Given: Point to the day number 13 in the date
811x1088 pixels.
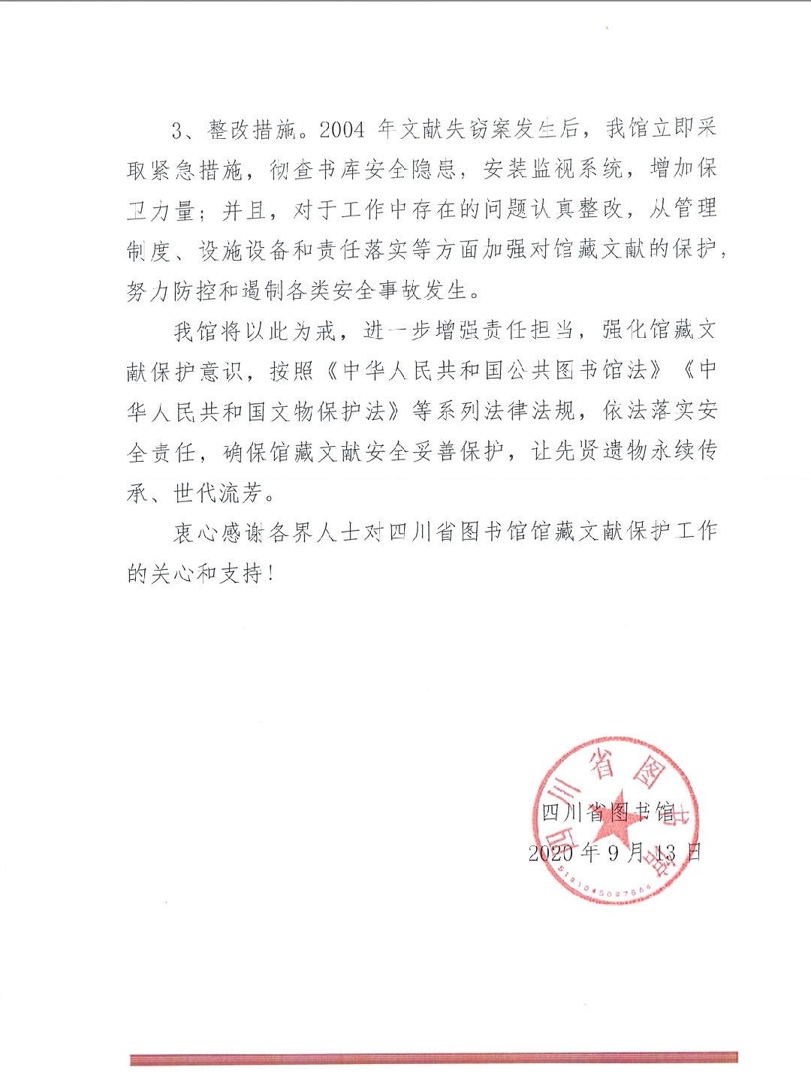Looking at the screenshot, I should point(665,853).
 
